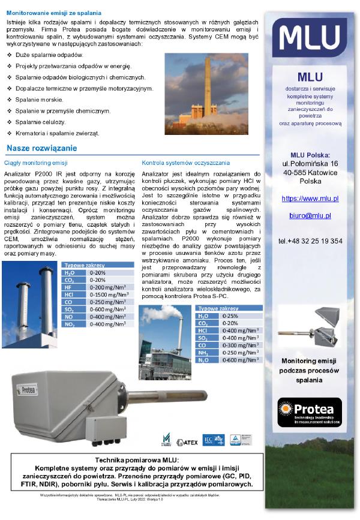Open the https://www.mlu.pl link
point(310,198)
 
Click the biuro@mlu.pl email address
point(310,215)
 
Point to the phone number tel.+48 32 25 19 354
point(310,241)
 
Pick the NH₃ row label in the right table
point(203,353)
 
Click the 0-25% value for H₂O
point(230,315)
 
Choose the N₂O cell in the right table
point(203,360)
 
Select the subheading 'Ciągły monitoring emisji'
point(35,163)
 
